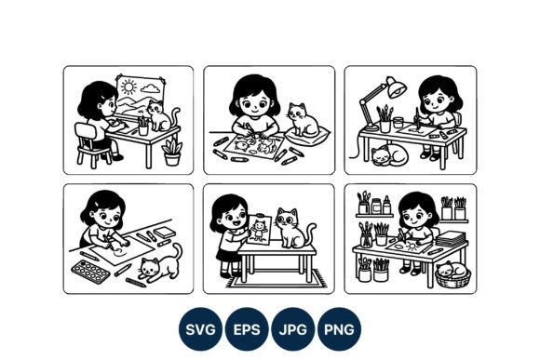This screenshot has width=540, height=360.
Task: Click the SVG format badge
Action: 200,329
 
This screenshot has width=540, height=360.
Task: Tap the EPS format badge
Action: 247,329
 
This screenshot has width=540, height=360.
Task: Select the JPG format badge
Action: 292,329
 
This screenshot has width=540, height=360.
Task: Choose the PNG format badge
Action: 339,329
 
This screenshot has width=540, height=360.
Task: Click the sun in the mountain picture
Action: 128,87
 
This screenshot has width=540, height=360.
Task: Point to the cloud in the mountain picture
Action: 151,88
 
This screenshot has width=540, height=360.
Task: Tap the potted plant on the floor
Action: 172,153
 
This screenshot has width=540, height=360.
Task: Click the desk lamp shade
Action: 397,88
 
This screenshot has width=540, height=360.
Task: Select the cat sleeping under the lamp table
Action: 389,155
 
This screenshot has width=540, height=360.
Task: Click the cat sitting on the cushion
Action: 304,119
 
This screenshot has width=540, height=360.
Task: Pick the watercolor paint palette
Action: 90,272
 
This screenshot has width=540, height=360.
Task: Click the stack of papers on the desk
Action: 452,239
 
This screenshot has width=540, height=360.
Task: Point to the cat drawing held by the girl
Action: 259,230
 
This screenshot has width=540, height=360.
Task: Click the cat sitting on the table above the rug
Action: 295,228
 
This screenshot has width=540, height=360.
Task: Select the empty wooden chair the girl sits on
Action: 91,145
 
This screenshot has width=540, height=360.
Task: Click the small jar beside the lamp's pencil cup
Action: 398,123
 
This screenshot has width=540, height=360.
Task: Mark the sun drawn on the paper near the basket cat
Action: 412,247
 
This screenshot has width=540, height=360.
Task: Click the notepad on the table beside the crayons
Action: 165,233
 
